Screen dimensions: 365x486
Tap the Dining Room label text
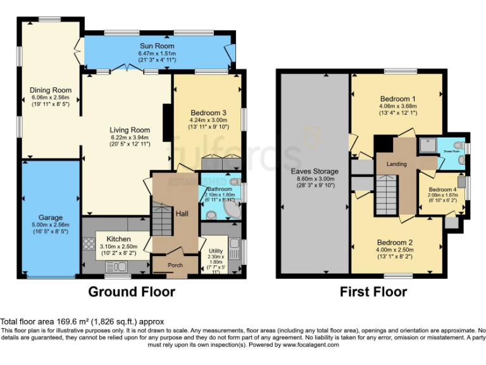pos(51,90)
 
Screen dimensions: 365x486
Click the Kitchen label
pos(118,239)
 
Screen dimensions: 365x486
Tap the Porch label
pos(175,265)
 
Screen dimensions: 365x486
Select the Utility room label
pos(215,251)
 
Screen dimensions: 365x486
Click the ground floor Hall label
pos(182,214)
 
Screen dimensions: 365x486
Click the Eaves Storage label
pos(315,171)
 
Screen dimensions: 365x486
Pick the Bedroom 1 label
pos(397,99)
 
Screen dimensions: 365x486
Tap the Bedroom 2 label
pos(395,242)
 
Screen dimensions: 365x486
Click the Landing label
pos(397,164)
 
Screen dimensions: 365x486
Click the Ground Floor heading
pos(131,292)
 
